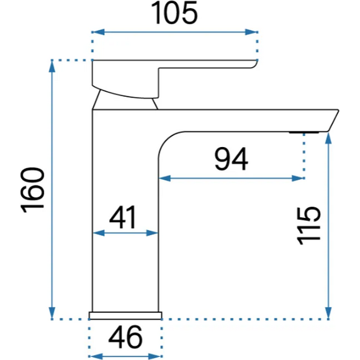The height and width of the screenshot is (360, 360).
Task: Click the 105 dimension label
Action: pyautogui.click(x=174, y=12)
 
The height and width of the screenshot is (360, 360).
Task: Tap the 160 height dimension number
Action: pyautogui.click(x=32, y=191)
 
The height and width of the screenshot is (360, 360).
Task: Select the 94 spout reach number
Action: pyautogui.click(x=231, y=159)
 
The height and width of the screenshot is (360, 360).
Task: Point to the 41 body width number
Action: pyautogui.click(x=123, y=217)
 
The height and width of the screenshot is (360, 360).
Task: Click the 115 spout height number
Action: pyautogui.click(x=308, y=226)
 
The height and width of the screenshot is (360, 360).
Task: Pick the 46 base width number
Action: pyautogui.click(x=125, y=337)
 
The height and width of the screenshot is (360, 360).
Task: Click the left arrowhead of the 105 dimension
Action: pyautogui.click(x=99, y=32)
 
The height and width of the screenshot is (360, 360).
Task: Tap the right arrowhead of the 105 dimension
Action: pyautogui.click(x=251, y=32)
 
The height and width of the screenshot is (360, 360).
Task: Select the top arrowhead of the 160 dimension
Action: pyautogui.click(x=52, y=67)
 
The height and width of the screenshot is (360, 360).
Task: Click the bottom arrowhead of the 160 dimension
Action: pyautogui.click(x=52, y=312)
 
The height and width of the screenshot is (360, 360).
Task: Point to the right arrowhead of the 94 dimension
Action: pyautogui.click(x=298, y=178)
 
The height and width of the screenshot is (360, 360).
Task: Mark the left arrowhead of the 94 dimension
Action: pyautogui.click(x=165, y=178)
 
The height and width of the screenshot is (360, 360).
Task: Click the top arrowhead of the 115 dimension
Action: pyautogui.click(x=328, y=138)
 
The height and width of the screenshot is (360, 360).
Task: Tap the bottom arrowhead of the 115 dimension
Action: pyautogui.click(x=328, y=312)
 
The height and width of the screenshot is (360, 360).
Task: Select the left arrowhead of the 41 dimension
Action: pyautogui.click(x=99, y=233)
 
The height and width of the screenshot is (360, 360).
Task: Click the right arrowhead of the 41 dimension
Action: pyautogui.click(x=152, y=233)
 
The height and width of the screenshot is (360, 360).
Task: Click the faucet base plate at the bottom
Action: pyautogui.click(x=125, y=315)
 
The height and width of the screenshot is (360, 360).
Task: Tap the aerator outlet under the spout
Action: pyautogui.click(x=304, y=132)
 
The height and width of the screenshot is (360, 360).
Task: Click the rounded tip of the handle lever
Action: pyautogui.click(x=254, y=64)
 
